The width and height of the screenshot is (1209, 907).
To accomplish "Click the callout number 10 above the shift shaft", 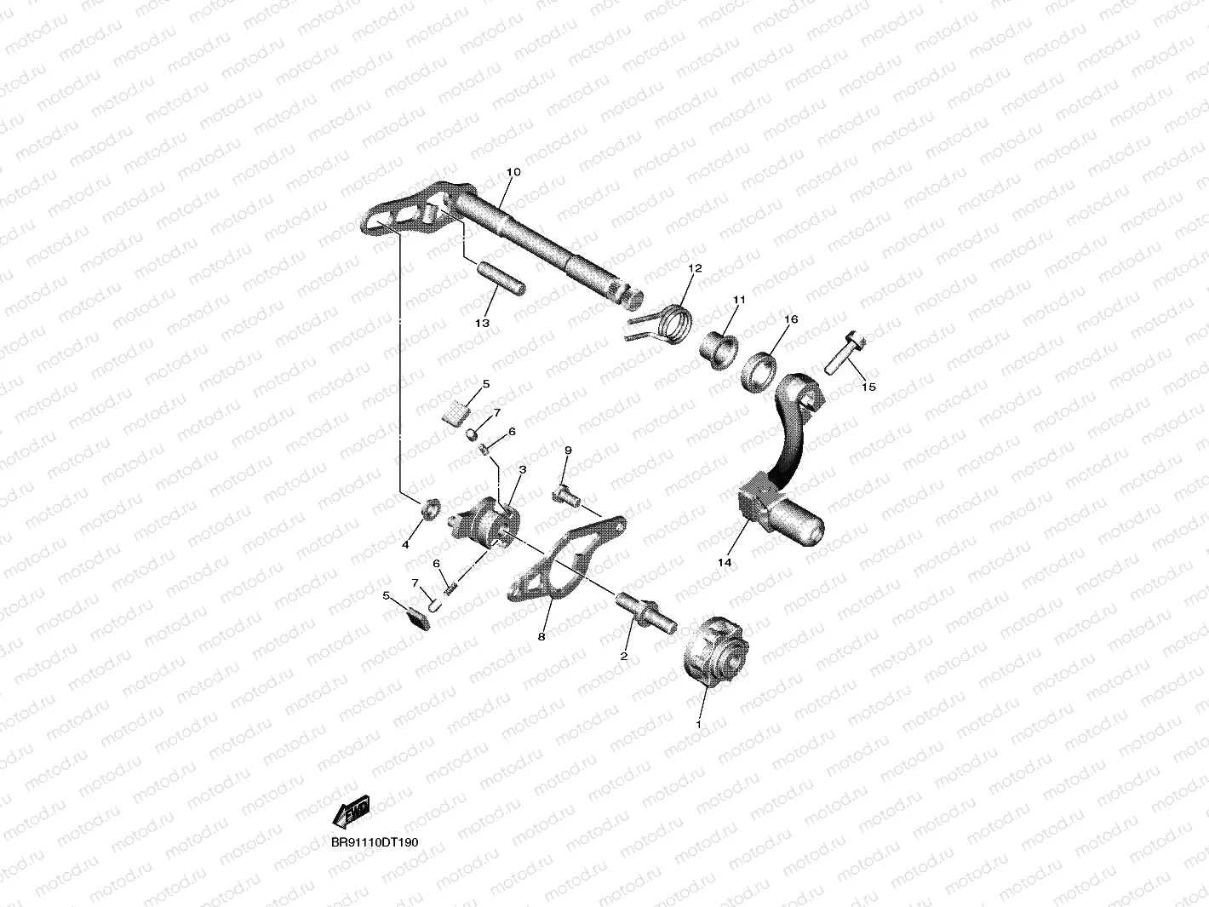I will click(x=513, y=172).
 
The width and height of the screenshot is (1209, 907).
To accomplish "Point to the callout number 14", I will click(x=724, y=562).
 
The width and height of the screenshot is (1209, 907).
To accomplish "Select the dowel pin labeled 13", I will click(x=502, y=280).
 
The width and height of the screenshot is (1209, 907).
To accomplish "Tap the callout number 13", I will click(x=482, y=324).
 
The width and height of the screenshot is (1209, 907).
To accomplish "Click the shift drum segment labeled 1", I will click(x=713, y=652).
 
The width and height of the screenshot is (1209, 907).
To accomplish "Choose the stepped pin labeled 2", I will click(x=645, y=611).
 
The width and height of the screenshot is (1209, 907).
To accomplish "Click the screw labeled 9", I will click(x=564, y=490).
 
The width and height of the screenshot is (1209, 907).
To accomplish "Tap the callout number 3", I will click(x=522, y=468).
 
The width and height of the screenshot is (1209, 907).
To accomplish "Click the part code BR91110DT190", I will click(x=375, y=842).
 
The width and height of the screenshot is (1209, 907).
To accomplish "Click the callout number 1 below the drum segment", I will click(x=699, y=725).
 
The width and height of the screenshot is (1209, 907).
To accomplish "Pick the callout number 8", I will click(x=541, y=635).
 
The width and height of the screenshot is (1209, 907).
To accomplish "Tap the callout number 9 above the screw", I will click(x=568, y=450).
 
